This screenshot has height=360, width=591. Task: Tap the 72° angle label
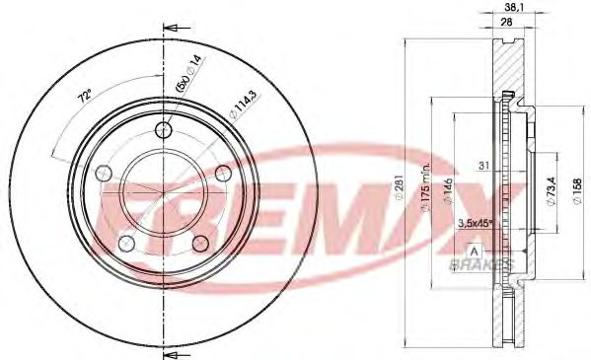(x=84, y=98)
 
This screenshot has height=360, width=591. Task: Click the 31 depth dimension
(x=482, y=163)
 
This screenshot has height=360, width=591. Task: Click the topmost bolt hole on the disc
(x=164, y=130)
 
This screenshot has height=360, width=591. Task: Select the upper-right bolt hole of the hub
(x=222, y=174)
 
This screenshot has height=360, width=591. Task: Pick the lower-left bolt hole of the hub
(x=126, y=242)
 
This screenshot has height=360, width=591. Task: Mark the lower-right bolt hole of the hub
(x=199, y=243)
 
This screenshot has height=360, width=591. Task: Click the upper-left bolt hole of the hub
(x=104, y=174)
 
